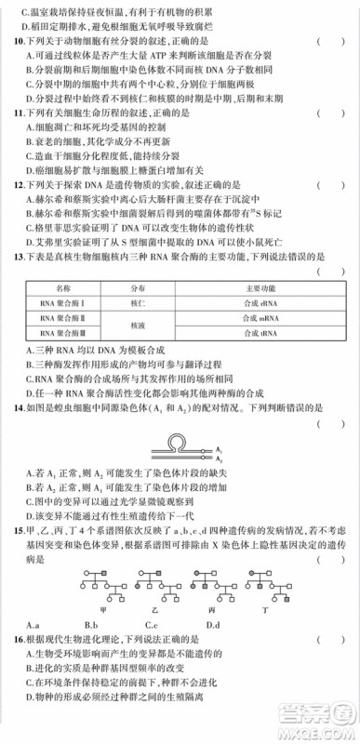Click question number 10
(x=14, y=42)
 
